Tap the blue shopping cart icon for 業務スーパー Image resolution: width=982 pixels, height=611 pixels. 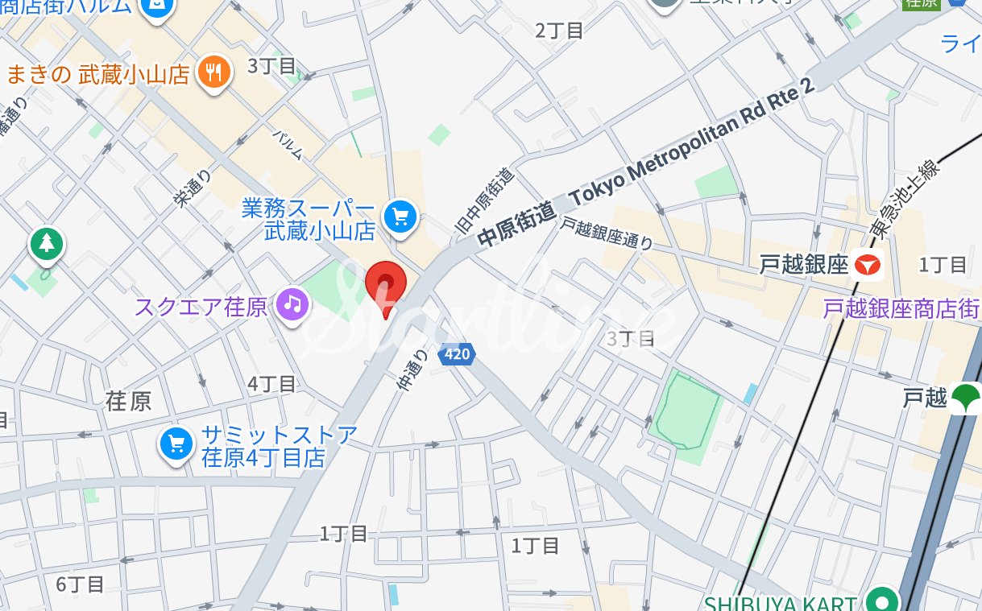400,216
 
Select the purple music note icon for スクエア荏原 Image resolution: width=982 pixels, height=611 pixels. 293,304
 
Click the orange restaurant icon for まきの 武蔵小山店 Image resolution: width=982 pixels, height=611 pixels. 213,72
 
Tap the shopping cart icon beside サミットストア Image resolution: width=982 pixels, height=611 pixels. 176,444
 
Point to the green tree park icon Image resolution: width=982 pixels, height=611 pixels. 47,244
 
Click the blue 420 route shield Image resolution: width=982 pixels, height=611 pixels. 457,353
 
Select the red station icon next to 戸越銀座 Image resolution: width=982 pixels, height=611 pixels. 868,264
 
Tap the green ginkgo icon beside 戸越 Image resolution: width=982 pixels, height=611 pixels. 963,397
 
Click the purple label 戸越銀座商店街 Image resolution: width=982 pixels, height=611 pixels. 901,308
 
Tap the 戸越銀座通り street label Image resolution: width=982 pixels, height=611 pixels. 607,234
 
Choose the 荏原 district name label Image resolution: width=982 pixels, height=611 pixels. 129,401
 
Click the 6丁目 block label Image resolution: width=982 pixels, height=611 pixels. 80,584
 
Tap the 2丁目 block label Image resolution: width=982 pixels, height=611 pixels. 559,31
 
